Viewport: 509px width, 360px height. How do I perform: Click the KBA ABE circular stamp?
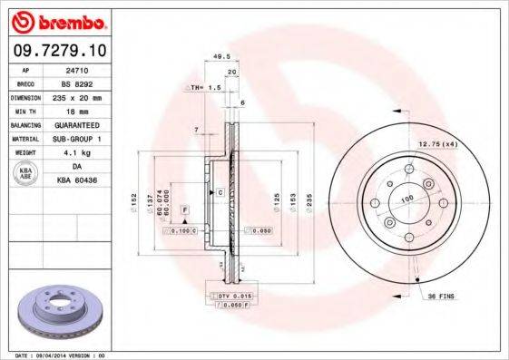tap(26, 174)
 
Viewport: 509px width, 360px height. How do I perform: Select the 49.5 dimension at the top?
tap(218, 55)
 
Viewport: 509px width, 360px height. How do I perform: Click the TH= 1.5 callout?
tap(208, 88)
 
